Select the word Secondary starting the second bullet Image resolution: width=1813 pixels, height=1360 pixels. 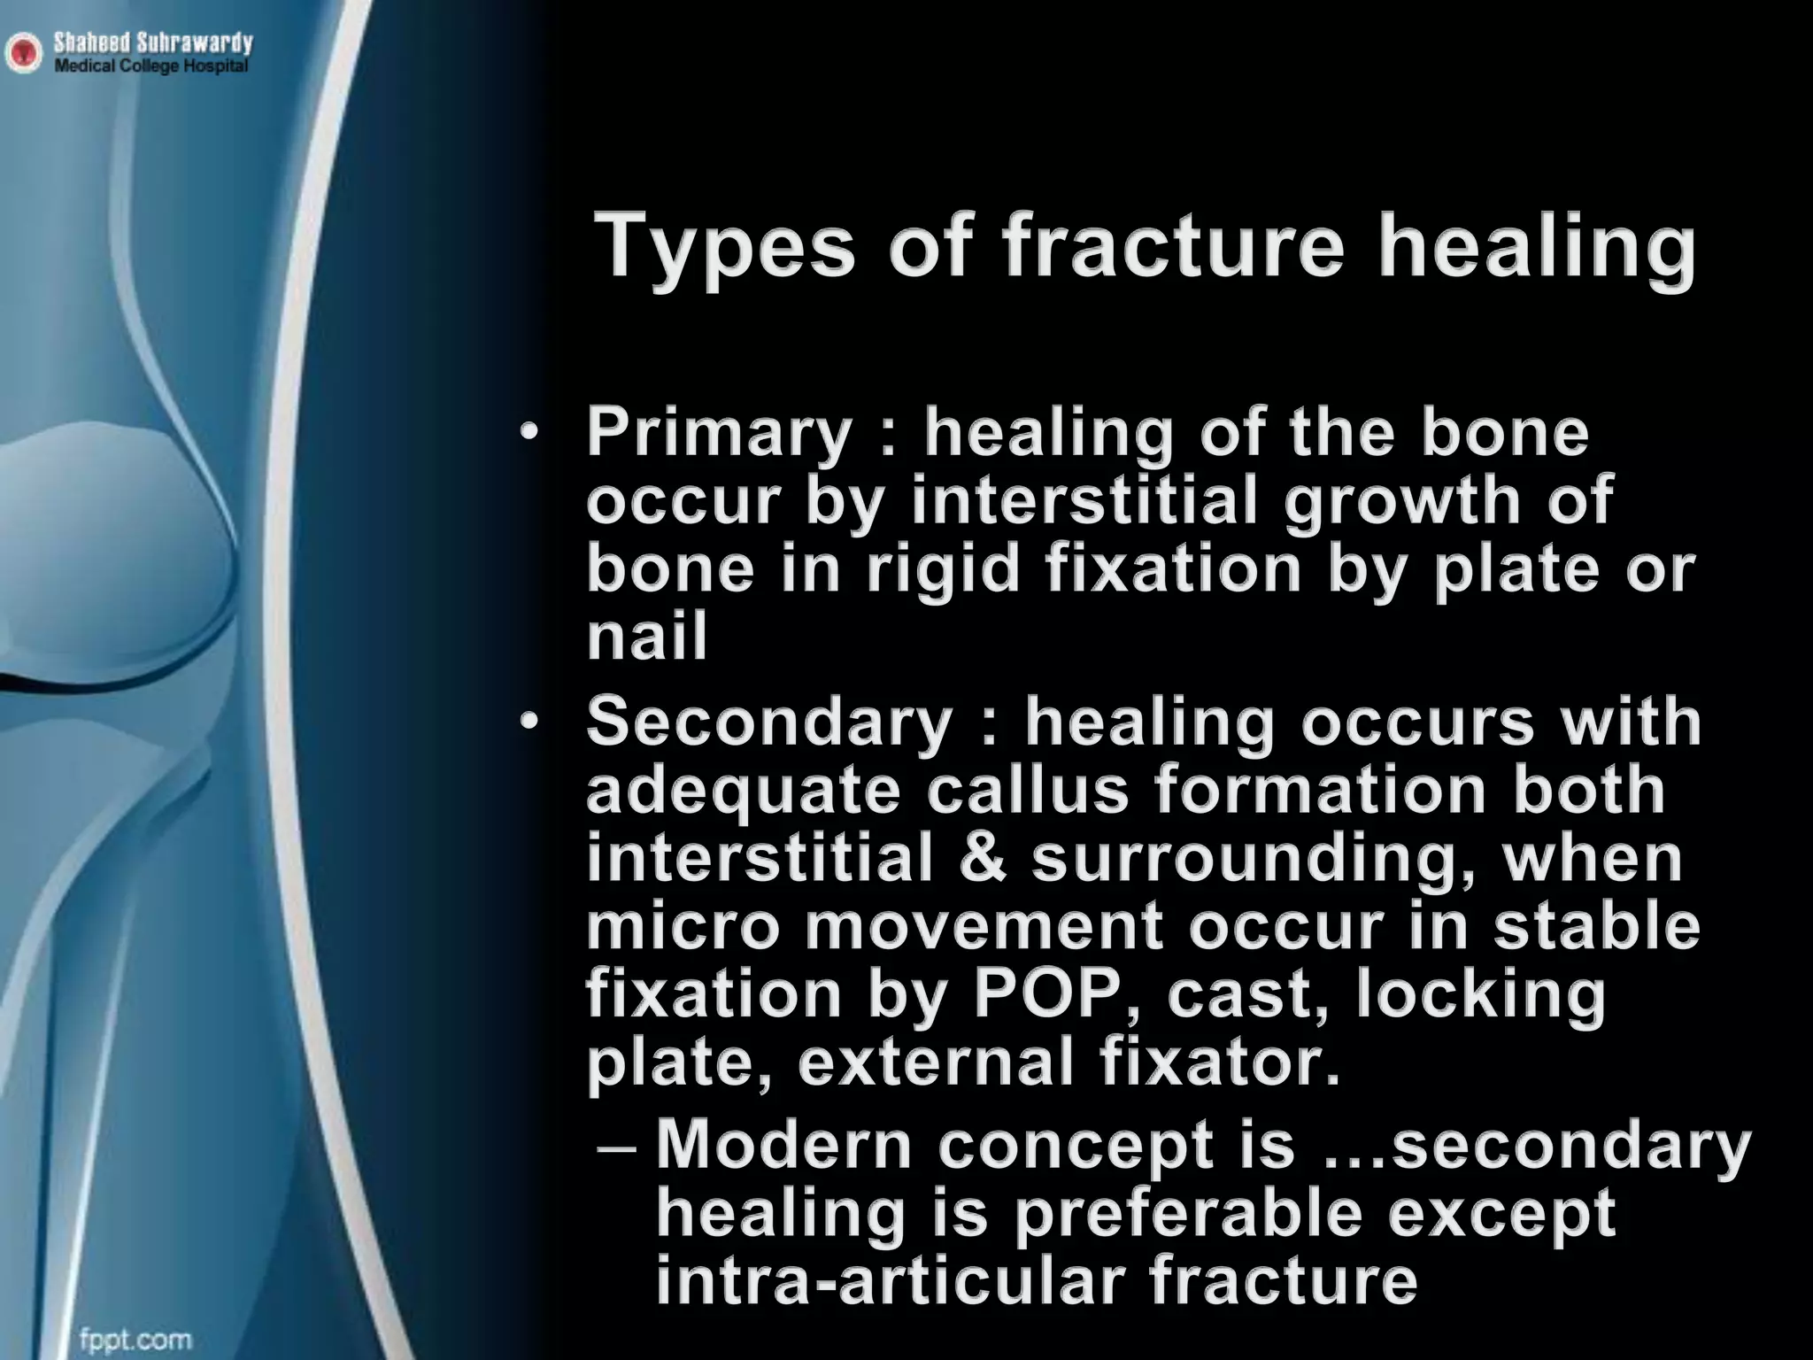pyautogui.click(x=769, y=722)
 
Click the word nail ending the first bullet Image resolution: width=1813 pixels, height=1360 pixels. pyautogui.click(x=647, y=637)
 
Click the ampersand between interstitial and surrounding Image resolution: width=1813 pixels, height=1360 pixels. pyautogui.click(x=983, y=859)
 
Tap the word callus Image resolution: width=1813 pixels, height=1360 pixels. pyautogui.click(x=1028, y=791)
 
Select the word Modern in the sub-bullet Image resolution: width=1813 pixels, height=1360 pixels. pyautogui.click(x=783, y=1145)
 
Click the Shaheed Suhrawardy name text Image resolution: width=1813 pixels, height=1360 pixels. pyautogui.click(x=152, y=42)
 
